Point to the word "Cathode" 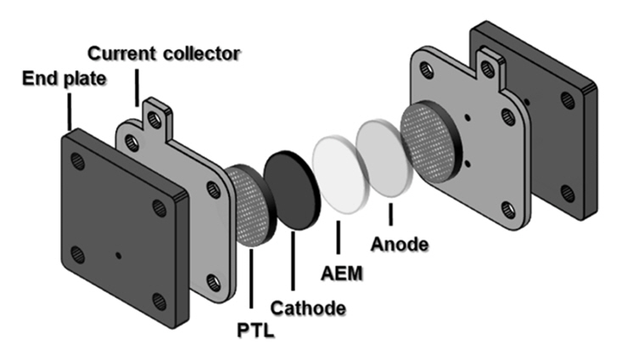[x=308, y=308]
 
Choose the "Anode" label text [x=400, y=246]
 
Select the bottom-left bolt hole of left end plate [x=79, y=254]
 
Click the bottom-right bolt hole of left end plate [x=158, y=299]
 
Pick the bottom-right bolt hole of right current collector [x=507, y=207]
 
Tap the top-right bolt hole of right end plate [x=568, y=100]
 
